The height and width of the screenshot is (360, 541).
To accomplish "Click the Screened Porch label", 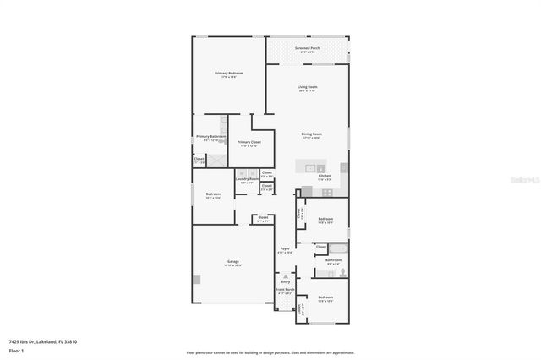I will (x=307, y=49).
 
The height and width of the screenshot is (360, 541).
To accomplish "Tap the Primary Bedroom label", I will (x=228, y=74).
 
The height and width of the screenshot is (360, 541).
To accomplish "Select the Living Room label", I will (x=307, y=87).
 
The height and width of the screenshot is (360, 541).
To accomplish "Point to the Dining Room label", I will (x=312, y=134).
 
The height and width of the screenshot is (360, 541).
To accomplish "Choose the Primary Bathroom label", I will (x=210, y=137).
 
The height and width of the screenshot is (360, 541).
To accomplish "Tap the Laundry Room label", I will (x=247, y=179).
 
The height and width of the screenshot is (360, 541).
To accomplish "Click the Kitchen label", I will (x=324, y=176).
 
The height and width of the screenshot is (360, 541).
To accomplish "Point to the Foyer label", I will (x=285, y=249).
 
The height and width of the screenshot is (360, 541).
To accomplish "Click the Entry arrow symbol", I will (x=285, y=275).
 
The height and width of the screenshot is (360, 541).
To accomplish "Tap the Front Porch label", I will (x=285, y=290).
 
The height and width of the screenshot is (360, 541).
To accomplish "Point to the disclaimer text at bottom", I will (x=270, y=352).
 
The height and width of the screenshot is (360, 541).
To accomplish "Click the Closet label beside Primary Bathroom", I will (x=199, y=159).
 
